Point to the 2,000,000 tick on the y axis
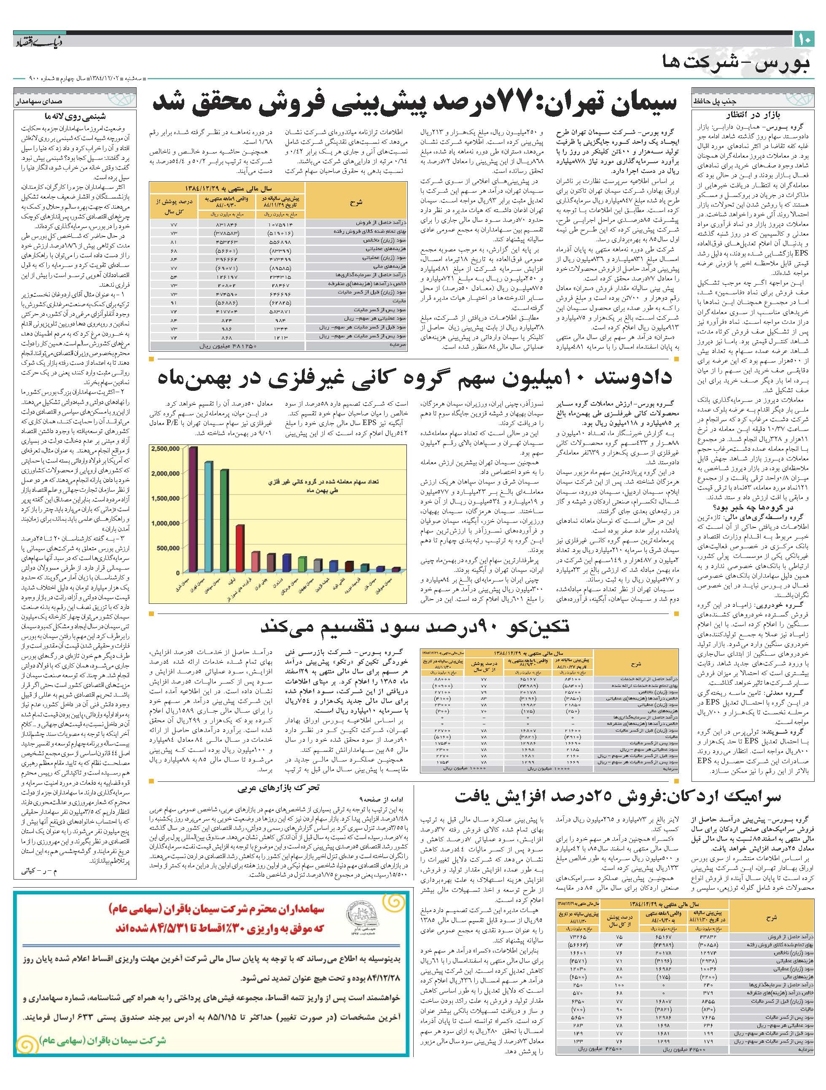(166, 474)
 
